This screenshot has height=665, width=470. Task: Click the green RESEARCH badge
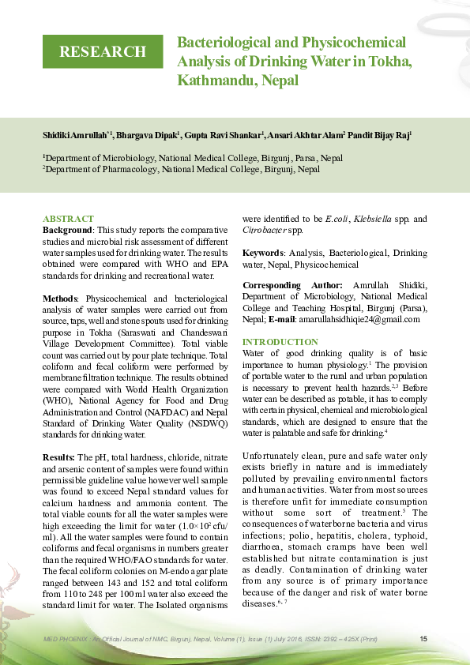point(102,52)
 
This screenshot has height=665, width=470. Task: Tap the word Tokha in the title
point(386,62)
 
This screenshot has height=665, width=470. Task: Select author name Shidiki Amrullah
point(74,135)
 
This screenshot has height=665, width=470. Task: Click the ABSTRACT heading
point(68,219)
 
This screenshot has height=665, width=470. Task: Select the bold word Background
point(66,229)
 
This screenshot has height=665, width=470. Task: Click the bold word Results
point(58,457)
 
